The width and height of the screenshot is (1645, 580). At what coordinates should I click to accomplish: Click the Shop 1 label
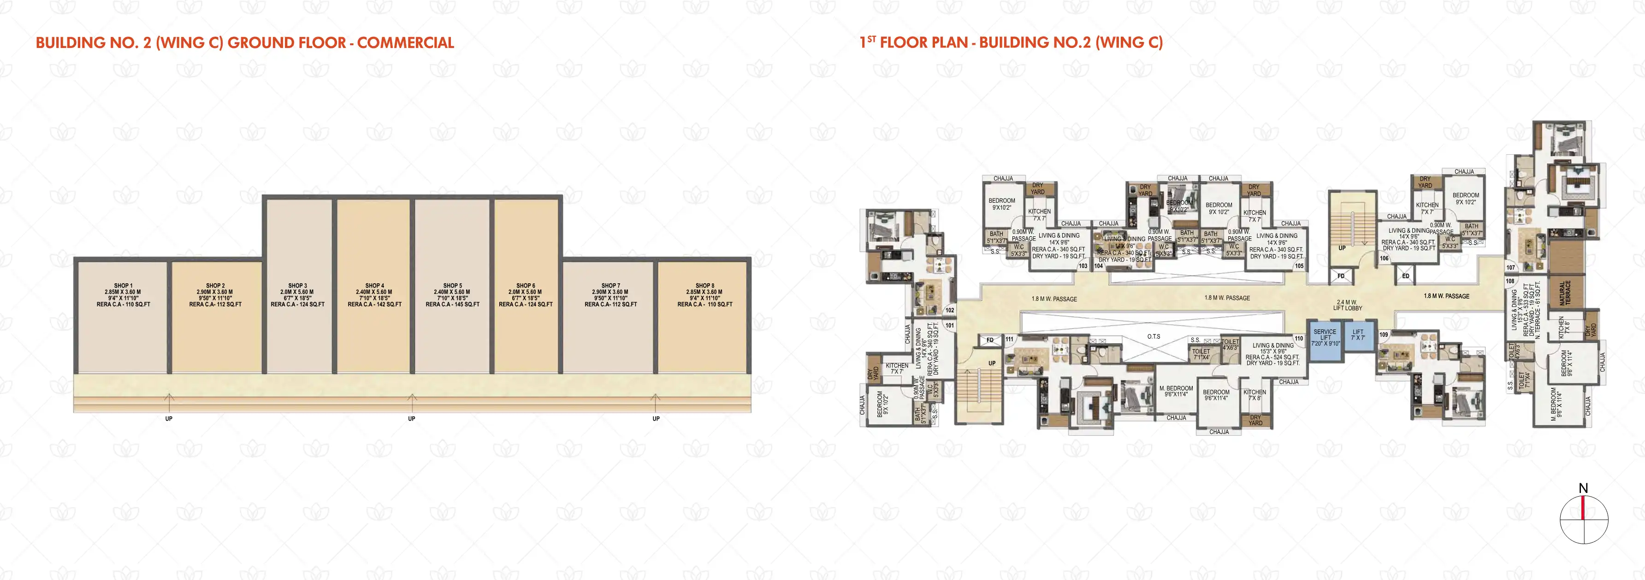point(123,295)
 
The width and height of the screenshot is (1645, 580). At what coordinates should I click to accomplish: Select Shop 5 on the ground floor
point(452,295)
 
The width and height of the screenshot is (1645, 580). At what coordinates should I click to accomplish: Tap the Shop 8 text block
point(704,295)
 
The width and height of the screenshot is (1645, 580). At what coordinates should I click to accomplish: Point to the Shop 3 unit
point(297,295)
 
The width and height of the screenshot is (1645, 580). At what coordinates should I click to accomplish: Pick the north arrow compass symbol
point(1584,518)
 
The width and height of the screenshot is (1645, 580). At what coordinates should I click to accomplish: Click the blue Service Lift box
point(1325,338)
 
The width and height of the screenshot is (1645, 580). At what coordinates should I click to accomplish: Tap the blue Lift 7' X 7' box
point(1358,335)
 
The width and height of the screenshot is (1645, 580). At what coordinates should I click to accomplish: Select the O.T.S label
point(1153,336)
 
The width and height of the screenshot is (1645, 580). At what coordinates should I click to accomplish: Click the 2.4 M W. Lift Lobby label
point(1348,305)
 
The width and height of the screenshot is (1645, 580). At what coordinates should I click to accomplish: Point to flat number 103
point(1083,266)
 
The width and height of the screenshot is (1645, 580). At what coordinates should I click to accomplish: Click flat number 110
point(1298,339)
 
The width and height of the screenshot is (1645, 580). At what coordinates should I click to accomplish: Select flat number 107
point(1510,267)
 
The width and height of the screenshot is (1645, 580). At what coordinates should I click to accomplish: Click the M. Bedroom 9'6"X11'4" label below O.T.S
point(1176,391)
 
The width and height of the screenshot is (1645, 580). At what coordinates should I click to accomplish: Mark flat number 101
point(950,325)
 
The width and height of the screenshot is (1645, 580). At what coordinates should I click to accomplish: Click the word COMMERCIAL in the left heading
point(406,43)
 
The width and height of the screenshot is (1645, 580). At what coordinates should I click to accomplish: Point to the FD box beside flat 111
point(990,340)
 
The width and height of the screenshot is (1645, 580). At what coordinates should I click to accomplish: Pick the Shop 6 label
point(526,295)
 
